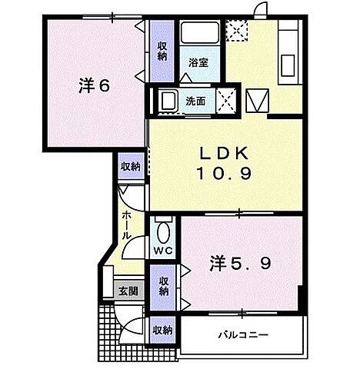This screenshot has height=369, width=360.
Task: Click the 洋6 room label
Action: tap(93, 85)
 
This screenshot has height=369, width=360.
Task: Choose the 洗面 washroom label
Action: tap(195, 101)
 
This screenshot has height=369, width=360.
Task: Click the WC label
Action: tap(163, 251)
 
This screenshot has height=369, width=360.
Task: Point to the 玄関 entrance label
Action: tap(127, 291)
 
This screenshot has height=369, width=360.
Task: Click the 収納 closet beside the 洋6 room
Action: tap(163, 51)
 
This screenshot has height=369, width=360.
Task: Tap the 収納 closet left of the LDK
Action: tap(130, 166)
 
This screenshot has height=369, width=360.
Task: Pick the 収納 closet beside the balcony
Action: tap(162, 330)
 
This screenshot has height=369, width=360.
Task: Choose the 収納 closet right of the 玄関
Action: tap(163, 287)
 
